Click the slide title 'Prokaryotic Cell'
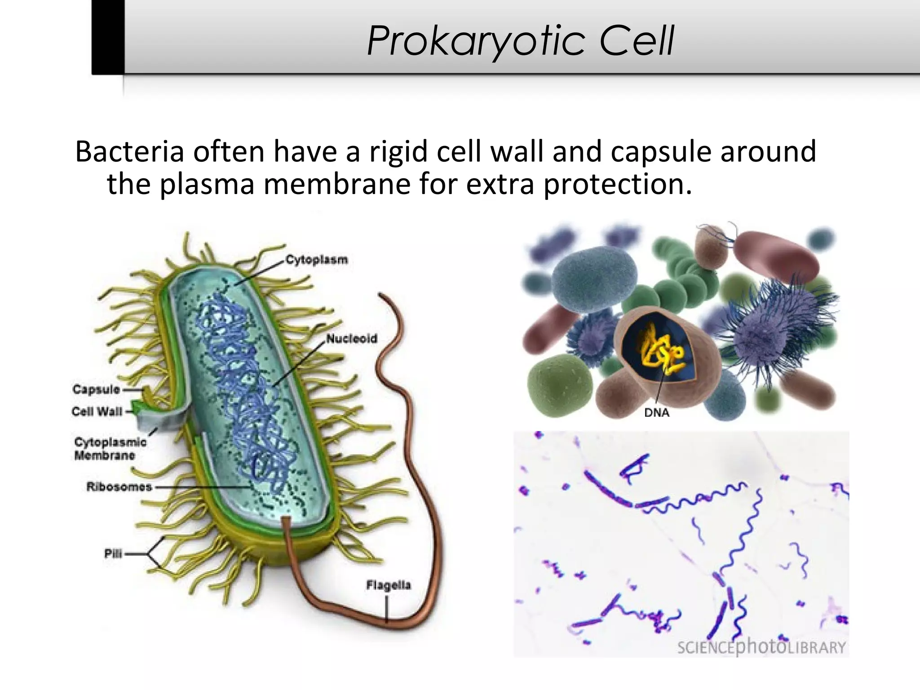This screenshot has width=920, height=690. coord(520,41)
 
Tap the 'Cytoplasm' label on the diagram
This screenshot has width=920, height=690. coord(317,260)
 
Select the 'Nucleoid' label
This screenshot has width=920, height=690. coord(351,339)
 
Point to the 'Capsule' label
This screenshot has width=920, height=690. coord(96,389)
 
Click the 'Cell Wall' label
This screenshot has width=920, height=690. coord(97,411)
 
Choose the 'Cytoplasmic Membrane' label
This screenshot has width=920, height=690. coord(111,448)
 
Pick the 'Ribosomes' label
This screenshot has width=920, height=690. coord(119,487)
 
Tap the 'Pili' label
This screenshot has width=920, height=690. coord(113,553)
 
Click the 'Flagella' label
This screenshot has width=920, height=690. coord(389,585)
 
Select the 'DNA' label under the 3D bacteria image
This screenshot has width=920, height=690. coord(657,412)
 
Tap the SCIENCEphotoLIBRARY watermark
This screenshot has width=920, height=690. coord(761,647)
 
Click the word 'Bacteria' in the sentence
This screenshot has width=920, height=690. coord(129,152)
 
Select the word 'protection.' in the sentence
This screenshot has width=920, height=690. coord(618,184)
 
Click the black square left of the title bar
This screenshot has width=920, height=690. coord(108,37)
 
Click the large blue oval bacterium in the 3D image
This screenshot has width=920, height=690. coord(594,279)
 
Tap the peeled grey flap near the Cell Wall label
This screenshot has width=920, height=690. coord(162,420)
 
